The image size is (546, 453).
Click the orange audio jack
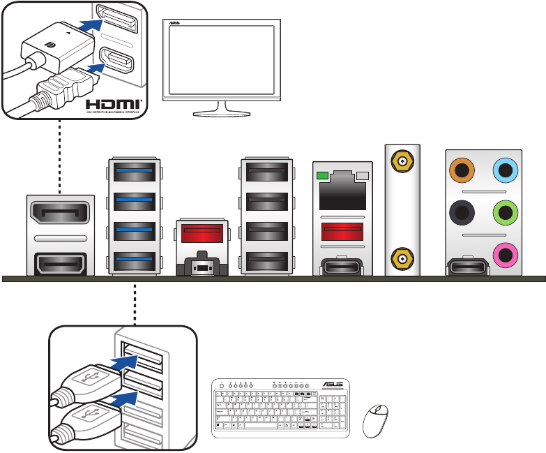pos(462,169)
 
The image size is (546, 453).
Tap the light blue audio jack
pos(504,169)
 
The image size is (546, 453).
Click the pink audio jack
pos(504,253)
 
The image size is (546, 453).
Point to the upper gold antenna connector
pos(403,163)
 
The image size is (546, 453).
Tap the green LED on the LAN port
pos(322,175)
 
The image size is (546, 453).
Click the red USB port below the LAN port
pos(342,231)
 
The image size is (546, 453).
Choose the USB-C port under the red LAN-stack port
pos(342,265)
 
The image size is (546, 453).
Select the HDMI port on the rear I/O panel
pos(59,264)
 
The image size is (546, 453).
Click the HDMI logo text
pos(114,104)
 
